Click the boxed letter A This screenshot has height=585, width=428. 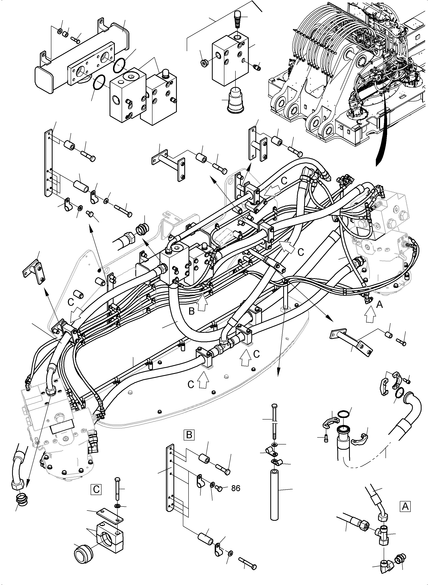405,506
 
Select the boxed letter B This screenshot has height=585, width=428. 189,435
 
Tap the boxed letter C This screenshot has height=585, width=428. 96,489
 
